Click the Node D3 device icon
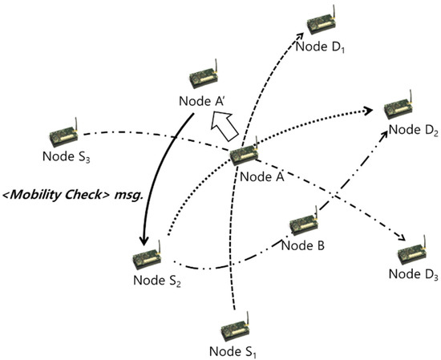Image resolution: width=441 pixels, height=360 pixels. pos(416,250)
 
